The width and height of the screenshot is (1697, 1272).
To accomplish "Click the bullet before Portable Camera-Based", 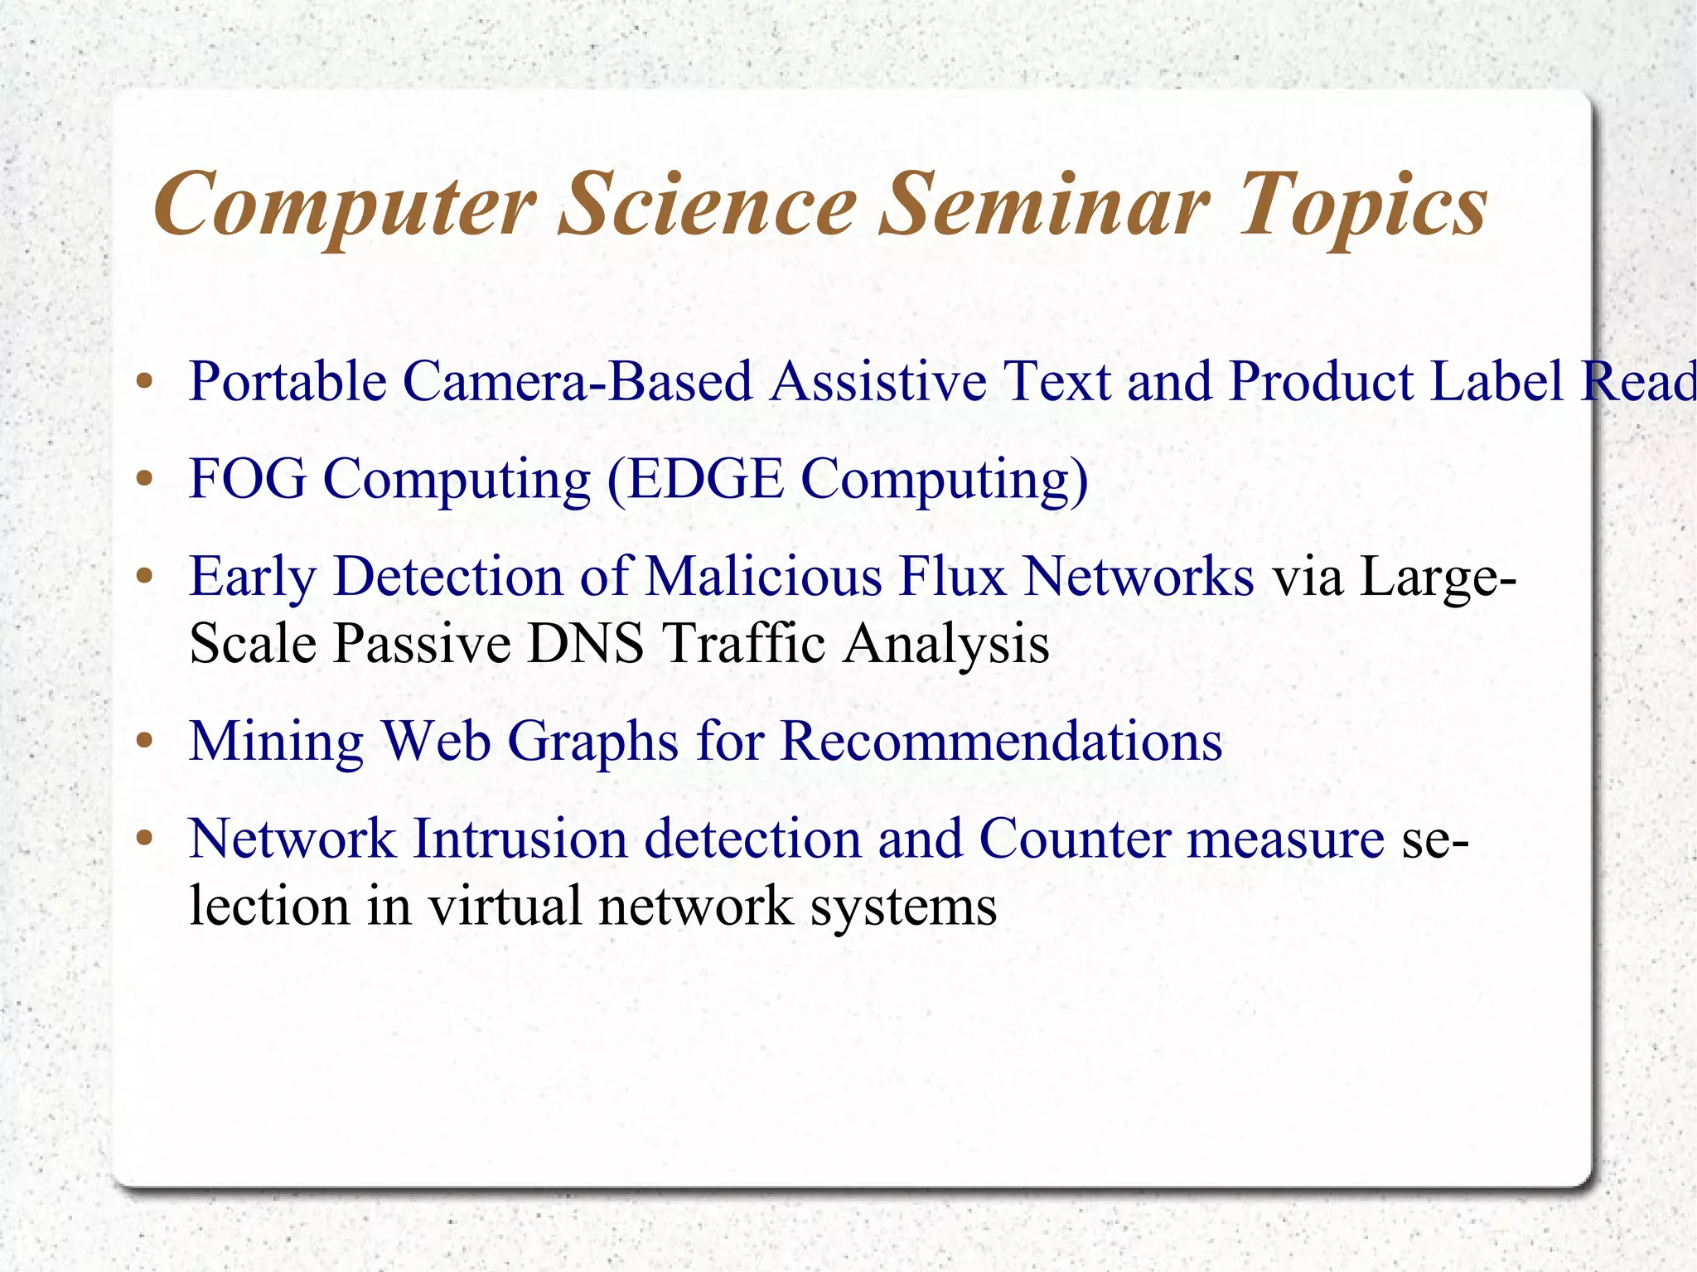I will point(145,383).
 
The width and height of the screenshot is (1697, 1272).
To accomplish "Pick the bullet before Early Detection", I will point(145,577).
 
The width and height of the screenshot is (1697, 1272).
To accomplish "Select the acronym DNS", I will point(585,643).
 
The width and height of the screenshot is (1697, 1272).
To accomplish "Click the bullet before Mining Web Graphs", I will point(145,741).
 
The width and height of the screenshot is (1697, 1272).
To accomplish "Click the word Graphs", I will point(592,742).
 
